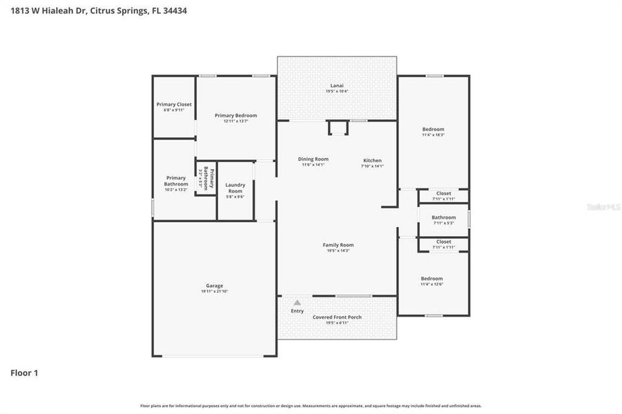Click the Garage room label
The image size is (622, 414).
point(214,286)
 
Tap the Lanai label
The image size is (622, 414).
point(337,86)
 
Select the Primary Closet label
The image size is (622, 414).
point(174,104)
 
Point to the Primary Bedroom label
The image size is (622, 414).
point(235,115)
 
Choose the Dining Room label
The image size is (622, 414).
point(313,159)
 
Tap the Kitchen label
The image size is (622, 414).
point(372,161)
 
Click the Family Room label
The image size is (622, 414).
point(338,245)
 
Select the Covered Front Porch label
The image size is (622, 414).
point(337,317)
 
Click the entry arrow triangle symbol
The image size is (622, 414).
point(297,302)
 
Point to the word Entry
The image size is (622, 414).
point(297,311)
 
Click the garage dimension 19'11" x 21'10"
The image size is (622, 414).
point(214,291)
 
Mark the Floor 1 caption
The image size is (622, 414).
point(24,373)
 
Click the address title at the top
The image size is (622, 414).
point(98,11)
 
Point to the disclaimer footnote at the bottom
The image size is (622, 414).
point(311,406)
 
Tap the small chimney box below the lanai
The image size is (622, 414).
point(338,128)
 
